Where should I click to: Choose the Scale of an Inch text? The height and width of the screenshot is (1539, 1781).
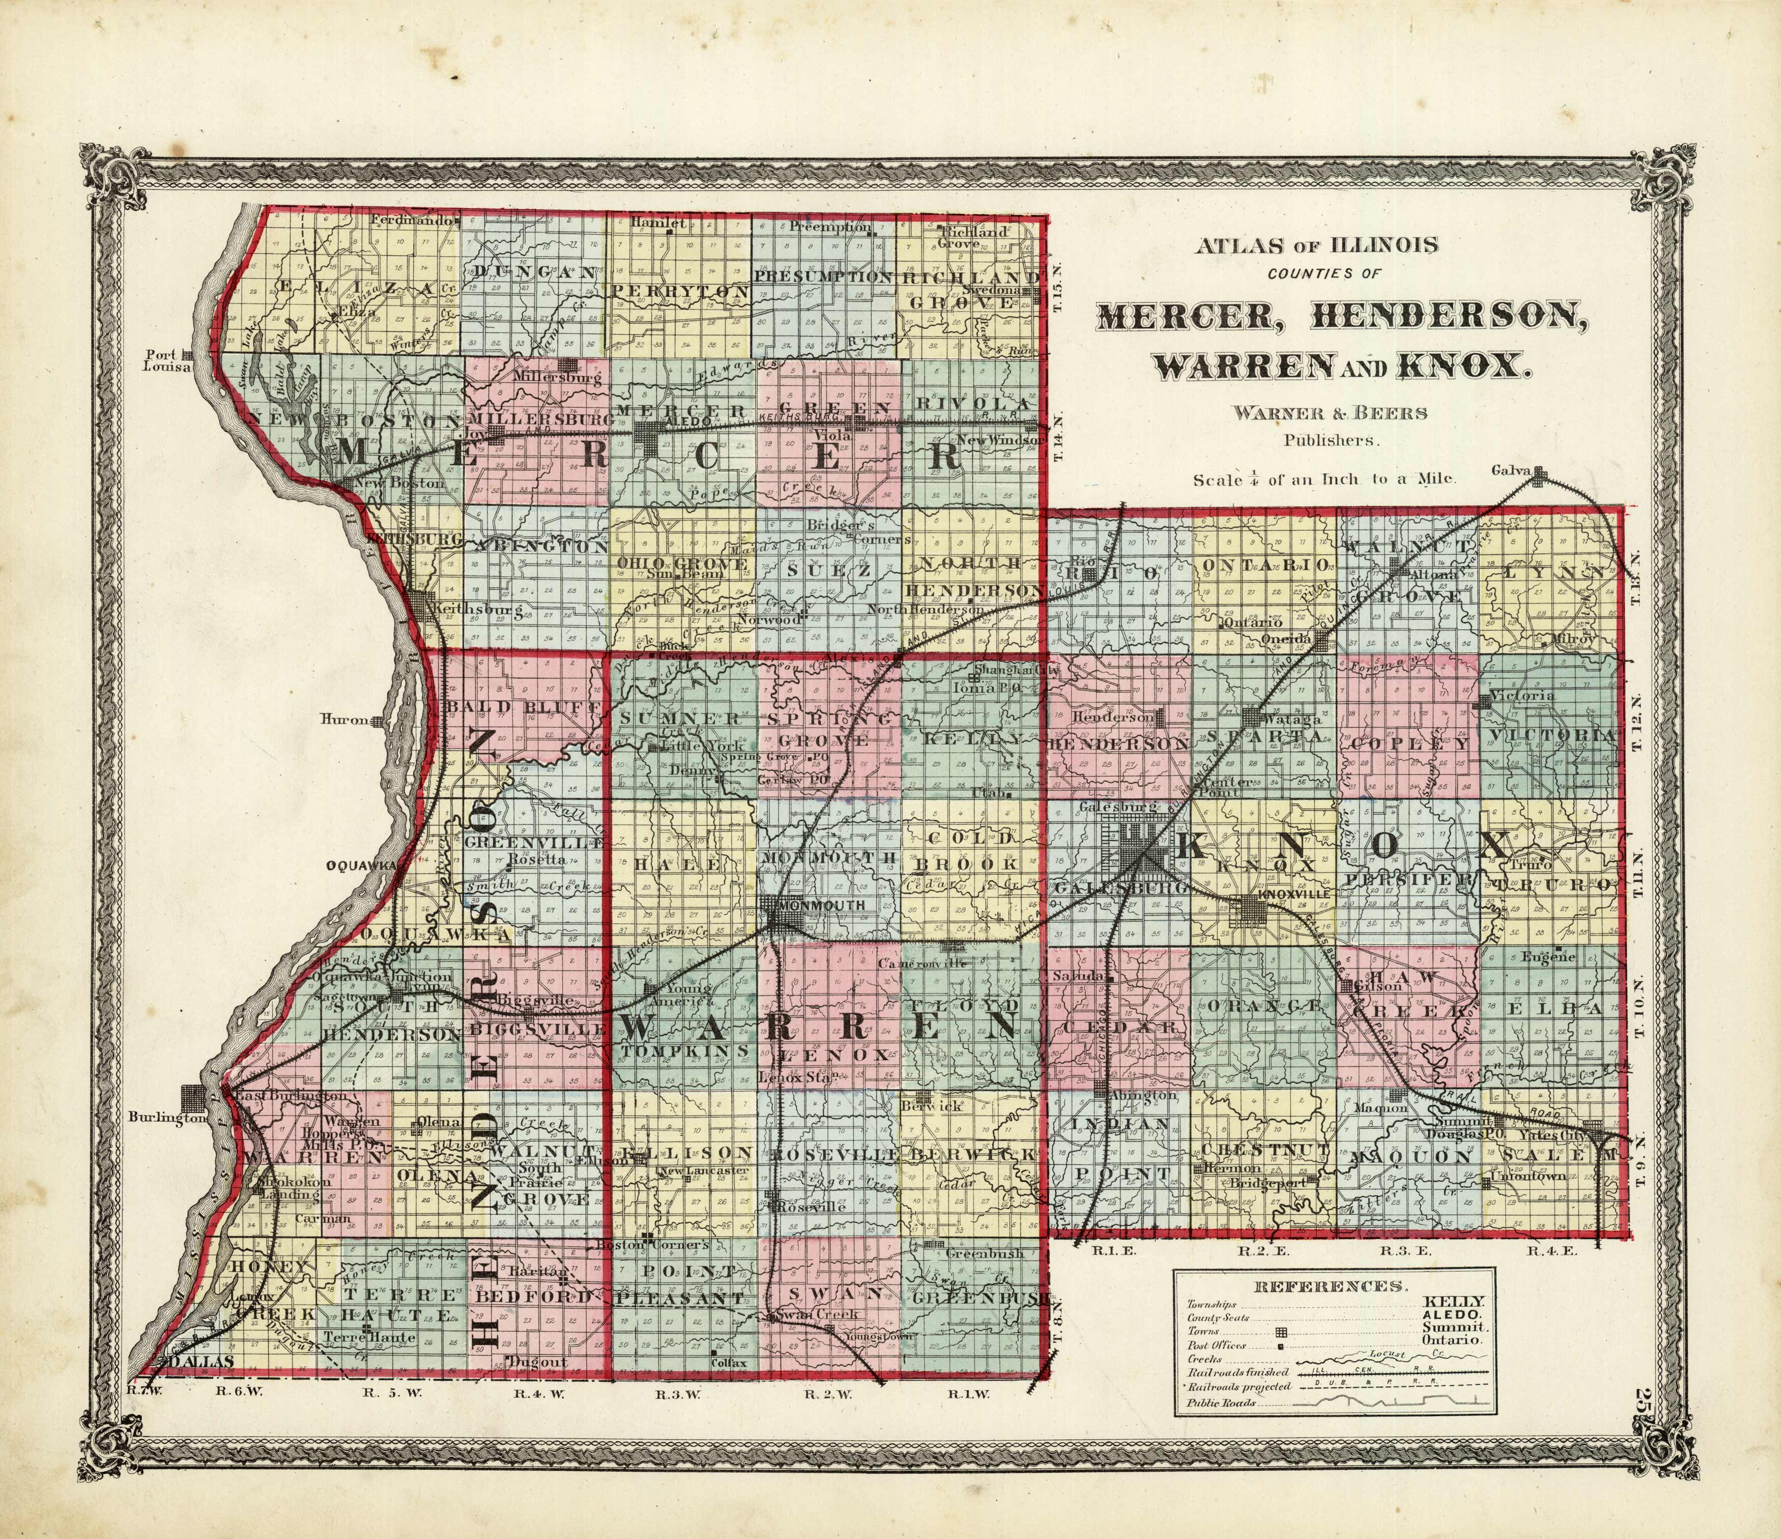[x=1324, y=480]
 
